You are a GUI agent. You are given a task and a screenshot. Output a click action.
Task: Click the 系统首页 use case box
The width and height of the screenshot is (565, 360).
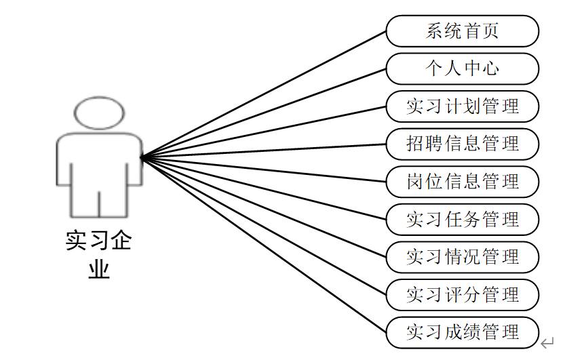pos(462,31)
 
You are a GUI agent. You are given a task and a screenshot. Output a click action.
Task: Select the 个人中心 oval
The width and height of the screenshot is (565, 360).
pos(462,68)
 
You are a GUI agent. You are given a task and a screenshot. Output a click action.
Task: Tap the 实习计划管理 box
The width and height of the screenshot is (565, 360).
pos(462,106)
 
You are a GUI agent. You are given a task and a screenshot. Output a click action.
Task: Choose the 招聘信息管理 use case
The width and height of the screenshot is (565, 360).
pos(462,144)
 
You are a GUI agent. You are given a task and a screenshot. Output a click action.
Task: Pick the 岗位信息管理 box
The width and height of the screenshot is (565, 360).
pos(462,182)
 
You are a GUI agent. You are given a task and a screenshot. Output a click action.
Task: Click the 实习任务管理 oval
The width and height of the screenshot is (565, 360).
pos(462,220)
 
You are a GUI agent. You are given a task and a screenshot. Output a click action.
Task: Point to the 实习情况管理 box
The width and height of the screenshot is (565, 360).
pos(462,257)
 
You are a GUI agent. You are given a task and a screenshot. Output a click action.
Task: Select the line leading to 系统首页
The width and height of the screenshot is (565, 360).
pos(265,94)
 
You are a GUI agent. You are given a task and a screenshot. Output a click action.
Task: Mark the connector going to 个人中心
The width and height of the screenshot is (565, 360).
pos(265,113)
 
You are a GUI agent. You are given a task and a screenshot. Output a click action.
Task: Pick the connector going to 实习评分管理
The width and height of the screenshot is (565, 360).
pos(265,226)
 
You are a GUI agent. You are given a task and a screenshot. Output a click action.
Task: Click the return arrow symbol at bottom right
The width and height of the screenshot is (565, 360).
pos(549,344)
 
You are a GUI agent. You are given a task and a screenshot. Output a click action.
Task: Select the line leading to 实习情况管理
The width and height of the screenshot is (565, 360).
pos(265,207)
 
